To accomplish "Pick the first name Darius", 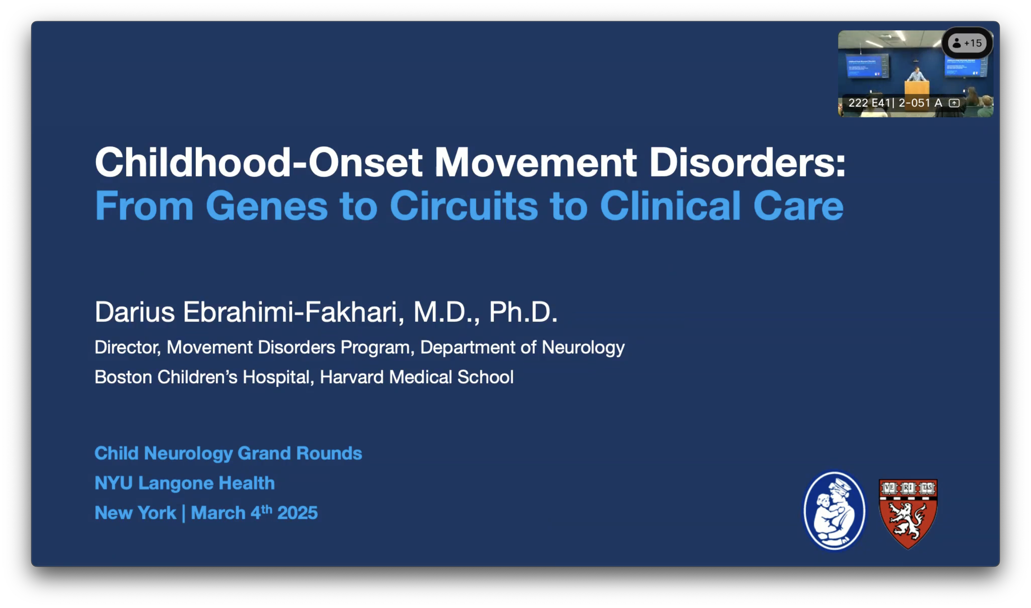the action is (135, 312).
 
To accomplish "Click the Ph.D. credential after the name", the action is (523, 312).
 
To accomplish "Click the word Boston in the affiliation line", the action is (123, 377).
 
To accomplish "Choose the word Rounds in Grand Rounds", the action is (329, 453).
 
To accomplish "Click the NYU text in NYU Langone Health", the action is (114, 483).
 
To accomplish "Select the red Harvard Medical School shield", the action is (908, 514).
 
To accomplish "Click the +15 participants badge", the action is (967, 43).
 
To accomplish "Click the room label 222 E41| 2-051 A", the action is (895, 103).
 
